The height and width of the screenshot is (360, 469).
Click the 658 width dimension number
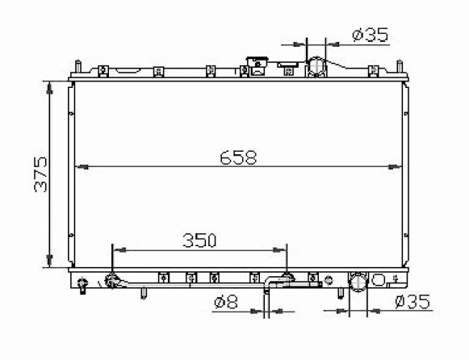pyautogui.click(x=238, y=157)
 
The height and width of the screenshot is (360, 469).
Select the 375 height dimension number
pyautogui.click(x=41, y=174)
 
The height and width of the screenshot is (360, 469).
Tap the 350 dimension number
pyautogui.click(x=199, y=241)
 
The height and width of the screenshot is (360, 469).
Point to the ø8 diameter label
pyautogui.click(x=226, y=303)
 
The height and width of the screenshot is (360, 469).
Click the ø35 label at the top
pyautogui.click(x=371, y=35)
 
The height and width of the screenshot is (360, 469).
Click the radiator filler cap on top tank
pyautogui.click(x=257, y=66)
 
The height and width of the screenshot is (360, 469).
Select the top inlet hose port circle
pyautogui.click(x=316, y=66)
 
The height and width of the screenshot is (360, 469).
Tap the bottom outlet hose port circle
pyautogui.click(x=358, y=281)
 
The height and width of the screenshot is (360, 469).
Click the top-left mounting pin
pyautogui.click(x=77, y=66)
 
